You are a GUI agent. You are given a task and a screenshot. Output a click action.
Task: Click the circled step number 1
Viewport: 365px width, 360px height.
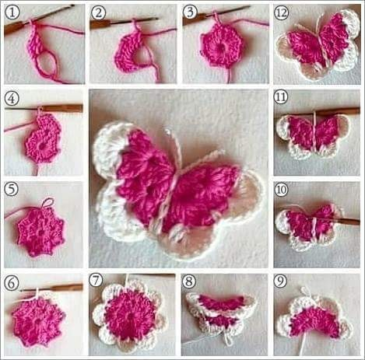click(12, 12)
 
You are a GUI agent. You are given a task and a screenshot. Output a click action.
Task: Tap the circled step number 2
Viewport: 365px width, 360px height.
click(98, 12)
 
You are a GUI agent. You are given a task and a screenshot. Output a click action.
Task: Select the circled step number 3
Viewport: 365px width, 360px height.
click(190, 12)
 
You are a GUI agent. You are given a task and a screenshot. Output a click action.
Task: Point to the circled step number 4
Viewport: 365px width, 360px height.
click(12, 99)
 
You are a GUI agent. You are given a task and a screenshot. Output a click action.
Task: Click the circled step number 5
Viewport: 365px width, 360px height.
click(12, 189)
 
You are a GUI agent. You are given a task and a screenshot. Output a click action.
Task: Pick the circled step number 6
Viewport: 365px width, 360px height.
click(12, 283)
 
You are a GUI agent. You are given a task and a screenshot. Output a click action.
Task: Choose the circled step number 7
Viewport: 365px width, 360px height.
click(96, 281)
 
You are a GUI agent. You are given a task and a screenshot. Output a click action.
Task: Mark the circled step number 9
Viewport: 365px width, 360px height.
click(280, 281)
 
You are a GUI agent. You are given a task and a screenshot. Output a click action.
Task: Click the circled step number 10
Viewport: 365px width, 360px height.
click(281, 190)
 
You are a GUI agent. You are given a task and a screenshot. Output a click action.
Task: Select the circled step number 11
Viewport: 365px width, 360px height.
click(281, 97)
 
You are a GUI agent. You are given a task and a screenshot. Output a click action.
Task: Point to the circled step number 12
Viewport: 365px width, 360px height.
click(282, 13)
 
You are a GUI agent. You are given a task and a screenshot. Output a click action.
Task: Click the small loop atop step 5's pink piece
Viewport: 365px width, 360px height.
click(49, 201)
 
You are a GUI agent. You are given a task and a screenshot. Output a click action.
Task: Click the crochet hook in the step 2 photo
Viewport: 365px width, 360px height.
click(124, 23)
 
